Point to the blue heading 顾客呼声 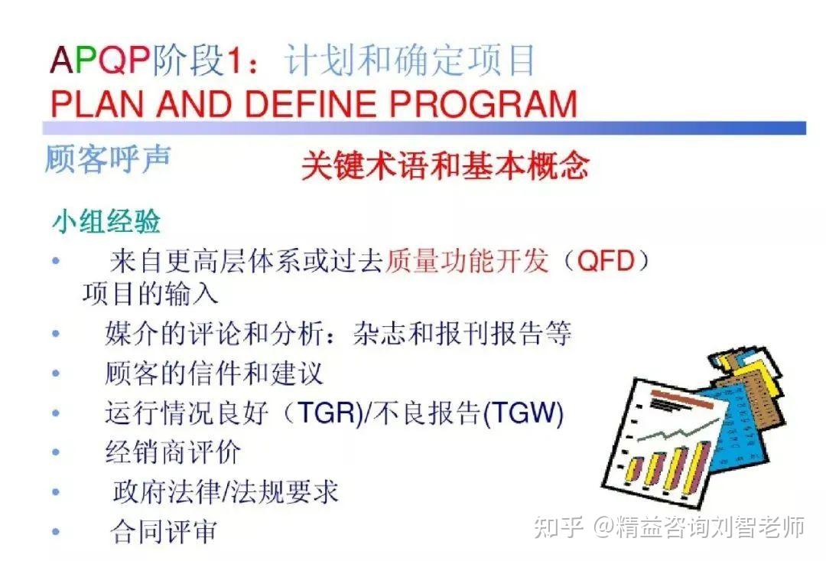[108, 158]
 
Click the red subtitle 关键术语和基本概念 [445, 166]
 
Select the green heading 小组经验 [106, 221]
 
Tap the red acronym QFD [606, 260]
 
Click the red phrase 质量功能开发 [467, 260]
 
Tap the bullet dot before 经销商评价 [56, 452]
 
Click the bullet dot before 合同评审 [56, 532]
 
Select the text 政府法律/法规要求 [225, 492]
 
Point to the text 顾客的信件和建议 [214, 373]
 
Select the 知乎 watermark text [558, 527]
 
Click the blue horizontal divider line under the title [424, 128]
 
